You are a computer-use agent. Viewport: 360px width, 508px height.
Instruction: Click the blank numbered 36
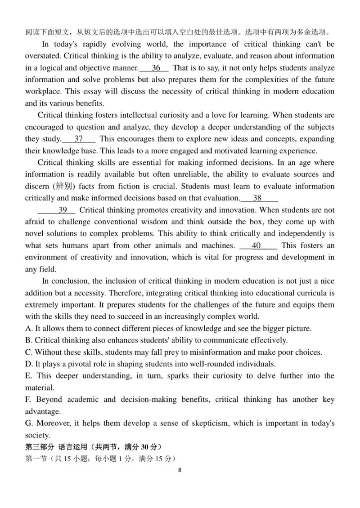point(154,68)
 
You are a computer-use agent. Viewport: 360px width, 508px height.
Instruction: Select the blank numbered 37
point(79,139)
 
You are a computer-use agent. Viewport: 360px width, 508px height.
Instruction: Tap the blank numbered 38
point(259,198)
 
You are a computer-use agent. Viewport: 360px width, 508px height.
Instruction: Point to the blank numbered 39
point(57,209)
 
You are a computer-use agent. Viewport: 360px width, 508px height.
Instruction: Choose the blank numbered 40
point(258,245)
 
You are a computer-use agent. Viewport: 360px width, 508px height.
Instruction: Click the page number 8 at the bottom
point(180,470)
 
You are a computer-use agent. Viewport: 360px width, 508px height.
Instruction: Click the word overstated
point(43,56)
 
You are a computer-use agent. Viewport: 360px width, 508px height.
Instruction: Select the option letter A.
point(28,329)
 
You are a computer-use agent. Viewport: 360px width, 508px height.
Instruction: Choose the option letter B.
point(28,340)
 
